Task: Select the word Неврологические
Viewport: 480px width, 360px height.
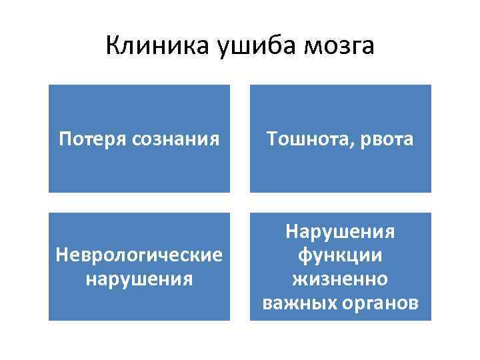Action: click(x=139, y=255)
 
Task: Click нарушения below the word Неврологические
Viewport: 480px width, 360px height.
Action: click(x=139, y=277)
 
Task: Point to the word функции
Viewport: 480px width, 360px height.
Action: click(x=341, y=255)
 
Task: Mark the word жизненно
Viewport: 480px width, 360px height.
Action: click(x=341, y=279)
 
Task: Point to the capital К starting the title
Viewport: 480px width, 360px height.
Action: click(x=113, y=46)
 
